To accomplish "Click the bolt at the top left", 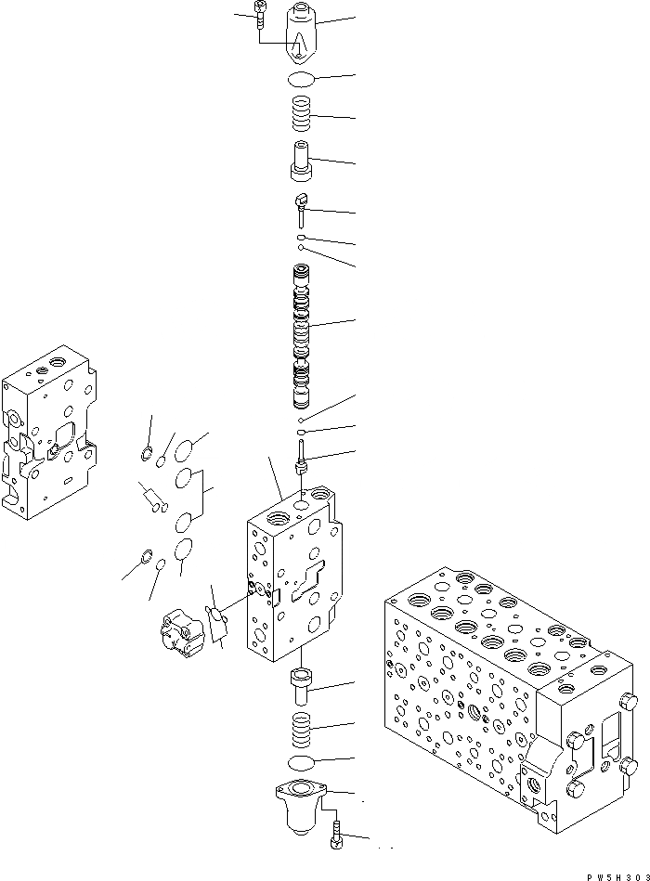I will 258,17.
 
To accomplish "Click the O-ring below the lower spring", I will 305,762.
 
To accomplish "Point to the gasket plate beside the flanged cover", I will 218,622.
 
